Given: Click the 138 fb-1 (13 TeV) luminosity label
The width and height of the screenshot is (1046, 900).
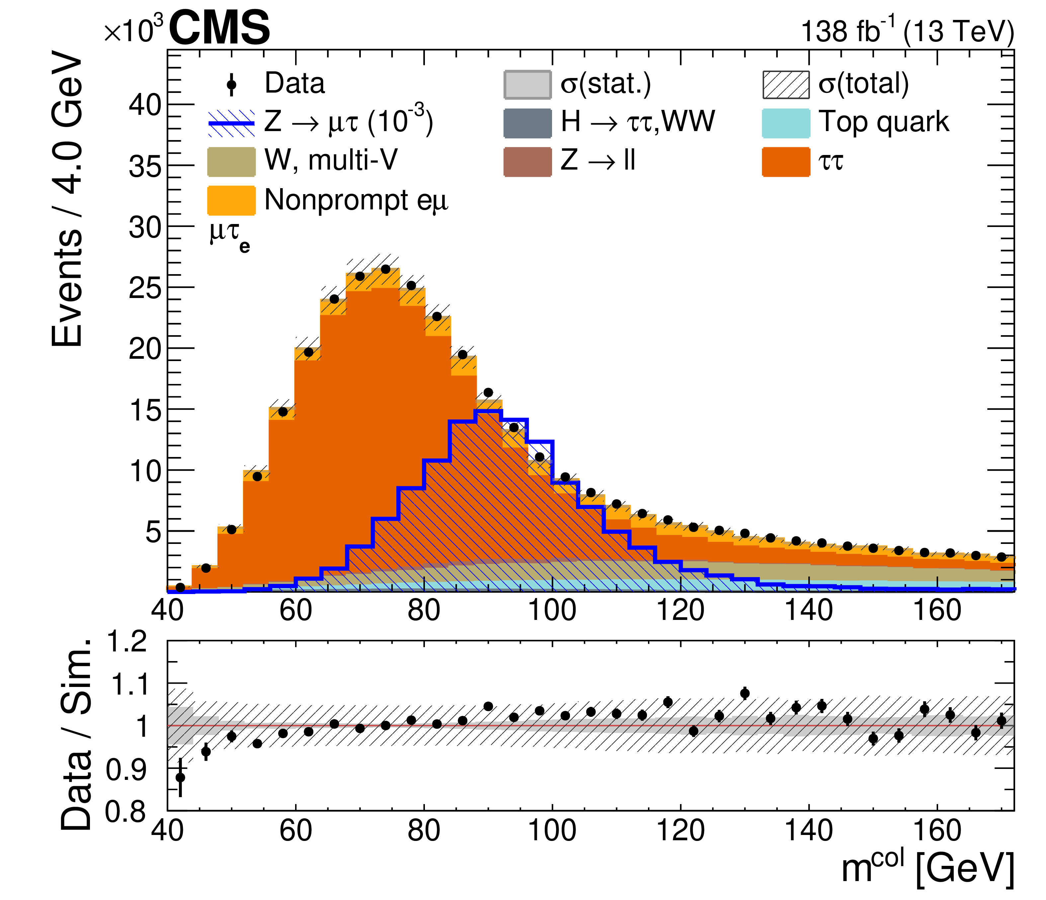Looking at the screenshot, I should (907, 31).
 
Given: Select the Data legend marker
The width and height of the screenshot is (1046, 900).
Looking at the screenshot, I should (231, 84).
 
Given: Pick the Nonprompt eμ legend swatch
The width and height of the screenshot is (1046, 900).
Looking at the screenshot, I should (231, 200).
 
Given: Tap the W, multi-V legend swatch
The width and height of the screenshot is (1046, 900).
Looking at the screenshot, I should (231, 162).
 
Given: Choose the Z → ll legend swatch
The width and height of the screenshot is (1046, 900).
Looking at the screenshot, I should (527, 162).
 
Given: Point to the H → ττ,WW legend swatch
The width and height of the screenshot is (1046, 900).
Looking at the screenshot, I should (527, 123).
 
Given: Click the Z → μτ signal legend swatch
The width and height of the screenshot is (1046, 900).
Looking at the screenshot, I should (231, 123).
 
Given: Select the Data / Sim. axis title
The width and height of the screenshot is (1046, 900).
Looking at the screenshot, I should (76, 734).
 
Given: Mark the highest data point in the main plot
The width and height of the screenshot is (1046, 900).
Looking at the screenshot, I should (386, 269).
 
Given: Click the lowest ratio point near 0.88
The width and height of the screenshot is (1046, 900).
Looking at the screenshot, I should (180, 777).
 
